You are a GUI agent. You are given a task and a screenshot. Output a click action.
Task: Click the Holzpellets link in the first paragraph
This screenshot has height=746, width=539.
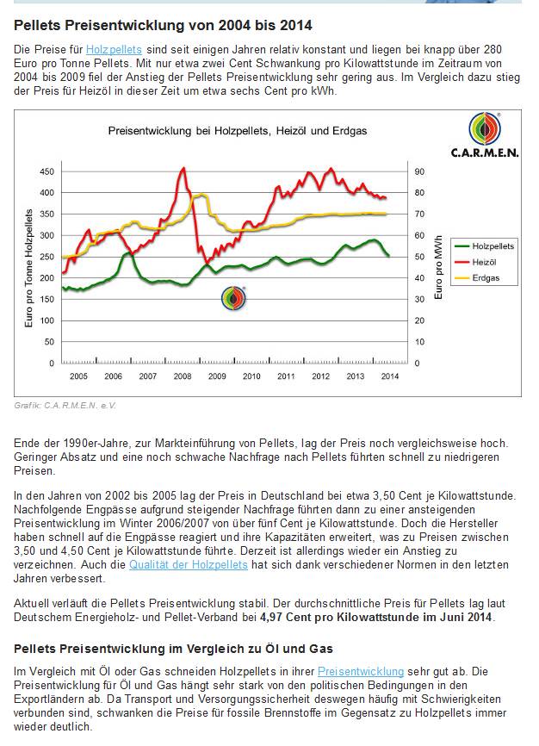(114, 49)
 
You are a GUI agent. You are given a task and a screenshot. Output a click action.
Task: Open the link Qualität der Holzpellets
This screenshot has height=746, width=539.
(189, 565)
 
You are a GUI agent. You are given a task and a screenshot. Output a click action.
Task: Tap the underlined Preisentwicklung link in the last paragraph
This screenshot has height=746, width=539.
(361, 671)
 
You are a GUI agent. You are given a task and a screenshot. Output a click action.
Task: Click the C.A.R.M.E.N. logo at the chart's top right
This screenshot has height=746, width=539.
(485, 135)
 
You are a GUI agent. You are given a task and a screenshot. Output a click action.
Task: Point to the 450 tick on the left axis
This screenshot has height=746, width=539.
(46, 171)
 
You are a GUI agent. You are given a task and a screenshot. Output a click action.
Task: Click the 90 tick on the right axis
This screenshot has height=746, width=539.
(419, 171)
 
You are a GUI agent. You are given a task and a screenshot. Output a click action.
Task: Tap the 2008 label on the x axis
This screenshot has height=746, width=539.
(183, 376)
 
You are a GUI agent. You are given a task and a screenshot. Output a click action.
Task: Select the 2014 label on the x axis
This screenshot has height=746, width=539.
(390, 376)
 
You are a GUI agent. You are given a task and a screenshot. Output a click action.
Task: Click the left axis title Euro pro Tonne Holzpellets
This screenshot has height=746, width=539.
(29, 268)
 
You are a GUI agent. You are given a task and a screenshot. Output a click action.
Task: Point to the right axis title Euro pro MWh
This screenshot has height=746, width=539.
(438, 267)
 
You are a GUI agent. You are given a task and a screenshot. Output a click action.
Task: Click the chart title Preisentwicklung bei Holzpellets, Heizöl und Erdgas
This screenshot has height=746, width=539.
(238, 131)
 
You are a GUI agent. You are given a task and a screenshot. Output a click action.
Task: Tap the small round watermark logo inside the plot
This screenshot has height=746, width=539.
(233, 298)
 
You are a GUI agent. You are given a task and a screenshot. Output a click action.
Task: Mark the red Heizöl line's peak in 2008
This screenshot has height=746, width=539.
(183, 168)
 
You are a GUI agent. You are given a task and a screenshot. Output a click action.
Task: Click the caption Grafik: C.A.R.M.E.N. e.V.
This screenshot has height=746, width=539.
(65, 406)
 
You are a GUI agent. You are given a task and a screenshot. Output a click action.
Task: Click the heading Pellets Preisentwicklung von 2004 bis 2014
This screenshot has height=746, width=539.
(163, 25)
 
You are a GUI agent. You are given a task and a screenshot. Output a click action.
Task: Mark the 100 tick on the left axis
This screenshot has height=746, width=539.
(46, 320)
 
